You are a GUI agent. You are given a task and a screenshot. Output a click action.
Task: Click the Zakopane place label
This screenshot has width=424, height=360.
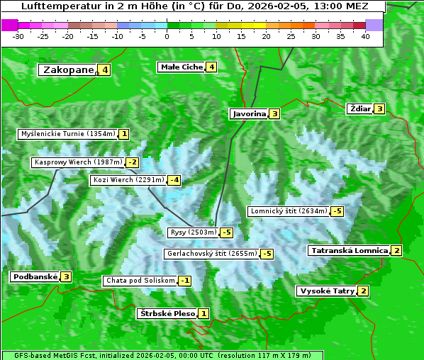click(69, 69)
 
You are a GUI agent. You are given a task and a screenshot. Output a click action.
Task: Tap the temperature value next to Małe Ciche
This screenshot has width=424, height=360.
click(211, 67)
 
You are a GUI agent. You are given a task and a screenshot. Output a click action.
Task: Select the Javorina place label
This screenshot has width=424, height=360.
click(249, 113)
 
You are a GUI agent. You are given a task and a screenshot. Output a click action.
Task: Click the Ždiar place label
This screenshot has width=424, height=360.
click(359, 109)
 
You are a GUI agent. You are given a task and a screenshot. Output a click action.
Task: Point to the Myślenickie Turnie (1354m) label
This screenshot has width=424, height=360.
click(68, 134)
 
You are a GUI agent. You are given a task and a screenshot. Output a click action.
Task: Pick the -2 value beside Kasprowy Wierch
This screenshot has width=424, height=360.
click(133, 162)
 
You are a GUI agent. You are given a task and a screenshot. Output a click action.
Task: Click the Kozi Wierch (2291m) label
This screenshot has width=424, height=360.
click(128, 180)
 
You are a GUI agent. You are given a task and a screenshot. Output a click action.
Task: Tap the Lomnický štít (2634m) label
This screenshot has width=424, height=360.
click(289, 211)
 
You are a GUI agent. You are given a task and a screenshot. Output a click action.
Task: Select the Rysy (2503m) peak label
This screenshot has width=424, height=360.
click(193, 232)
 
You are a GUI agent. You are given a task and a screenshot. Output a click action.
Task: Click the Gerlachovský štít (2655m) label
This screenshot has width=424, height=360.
click(211, 254)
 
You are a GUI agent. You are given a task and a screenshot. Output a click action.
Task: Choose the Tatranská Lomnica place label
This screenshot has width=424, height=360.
click(349, 250)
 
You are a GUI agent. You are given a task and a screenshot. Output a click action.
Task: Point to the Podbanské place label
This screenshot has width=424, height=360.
click(34, 277)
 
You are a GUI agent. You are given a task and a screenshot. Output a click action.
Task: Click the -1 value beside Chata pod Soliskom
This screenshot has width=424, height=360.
click(184, 281)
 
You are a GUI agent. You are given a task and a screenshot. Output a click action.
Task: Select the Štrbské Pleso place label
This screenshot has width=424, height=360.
click(167, 313)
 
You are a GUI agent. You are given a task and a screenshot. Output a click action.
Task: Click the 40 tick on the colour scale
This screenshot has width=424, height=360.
click(365, 35)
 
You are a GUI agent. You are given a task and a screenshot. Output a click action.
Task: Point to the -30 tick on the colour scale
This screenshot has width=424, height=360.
click(18, 35)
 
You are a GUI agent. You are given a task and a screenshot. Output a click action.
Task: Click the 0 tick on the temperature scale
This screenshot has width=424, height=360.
click(167, 35)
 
